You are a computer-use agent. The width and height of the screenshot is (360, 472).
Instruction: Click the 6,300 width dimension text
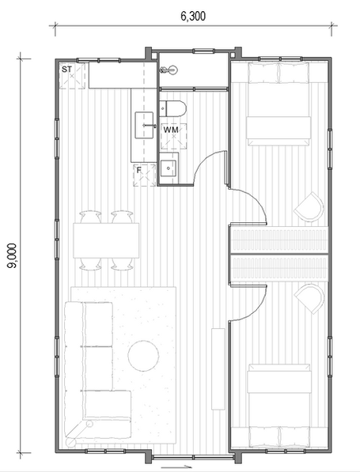193,16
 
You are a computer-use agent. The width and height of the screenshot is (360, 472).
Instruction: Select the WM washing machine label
171,129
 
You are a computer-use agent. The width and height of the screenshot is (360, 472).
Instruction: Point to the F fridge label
139,169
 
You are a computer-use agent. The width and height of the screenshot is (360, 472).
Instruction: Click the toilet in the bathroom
172,108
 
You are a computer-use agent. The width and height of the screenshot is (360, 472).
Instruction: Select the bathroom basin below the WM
169,168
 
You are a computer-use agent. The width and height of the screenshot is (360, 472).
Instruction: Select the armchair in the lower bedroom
309,298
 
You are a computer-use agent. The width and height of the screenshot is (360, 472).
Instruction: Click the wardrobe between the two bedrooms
278,253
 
